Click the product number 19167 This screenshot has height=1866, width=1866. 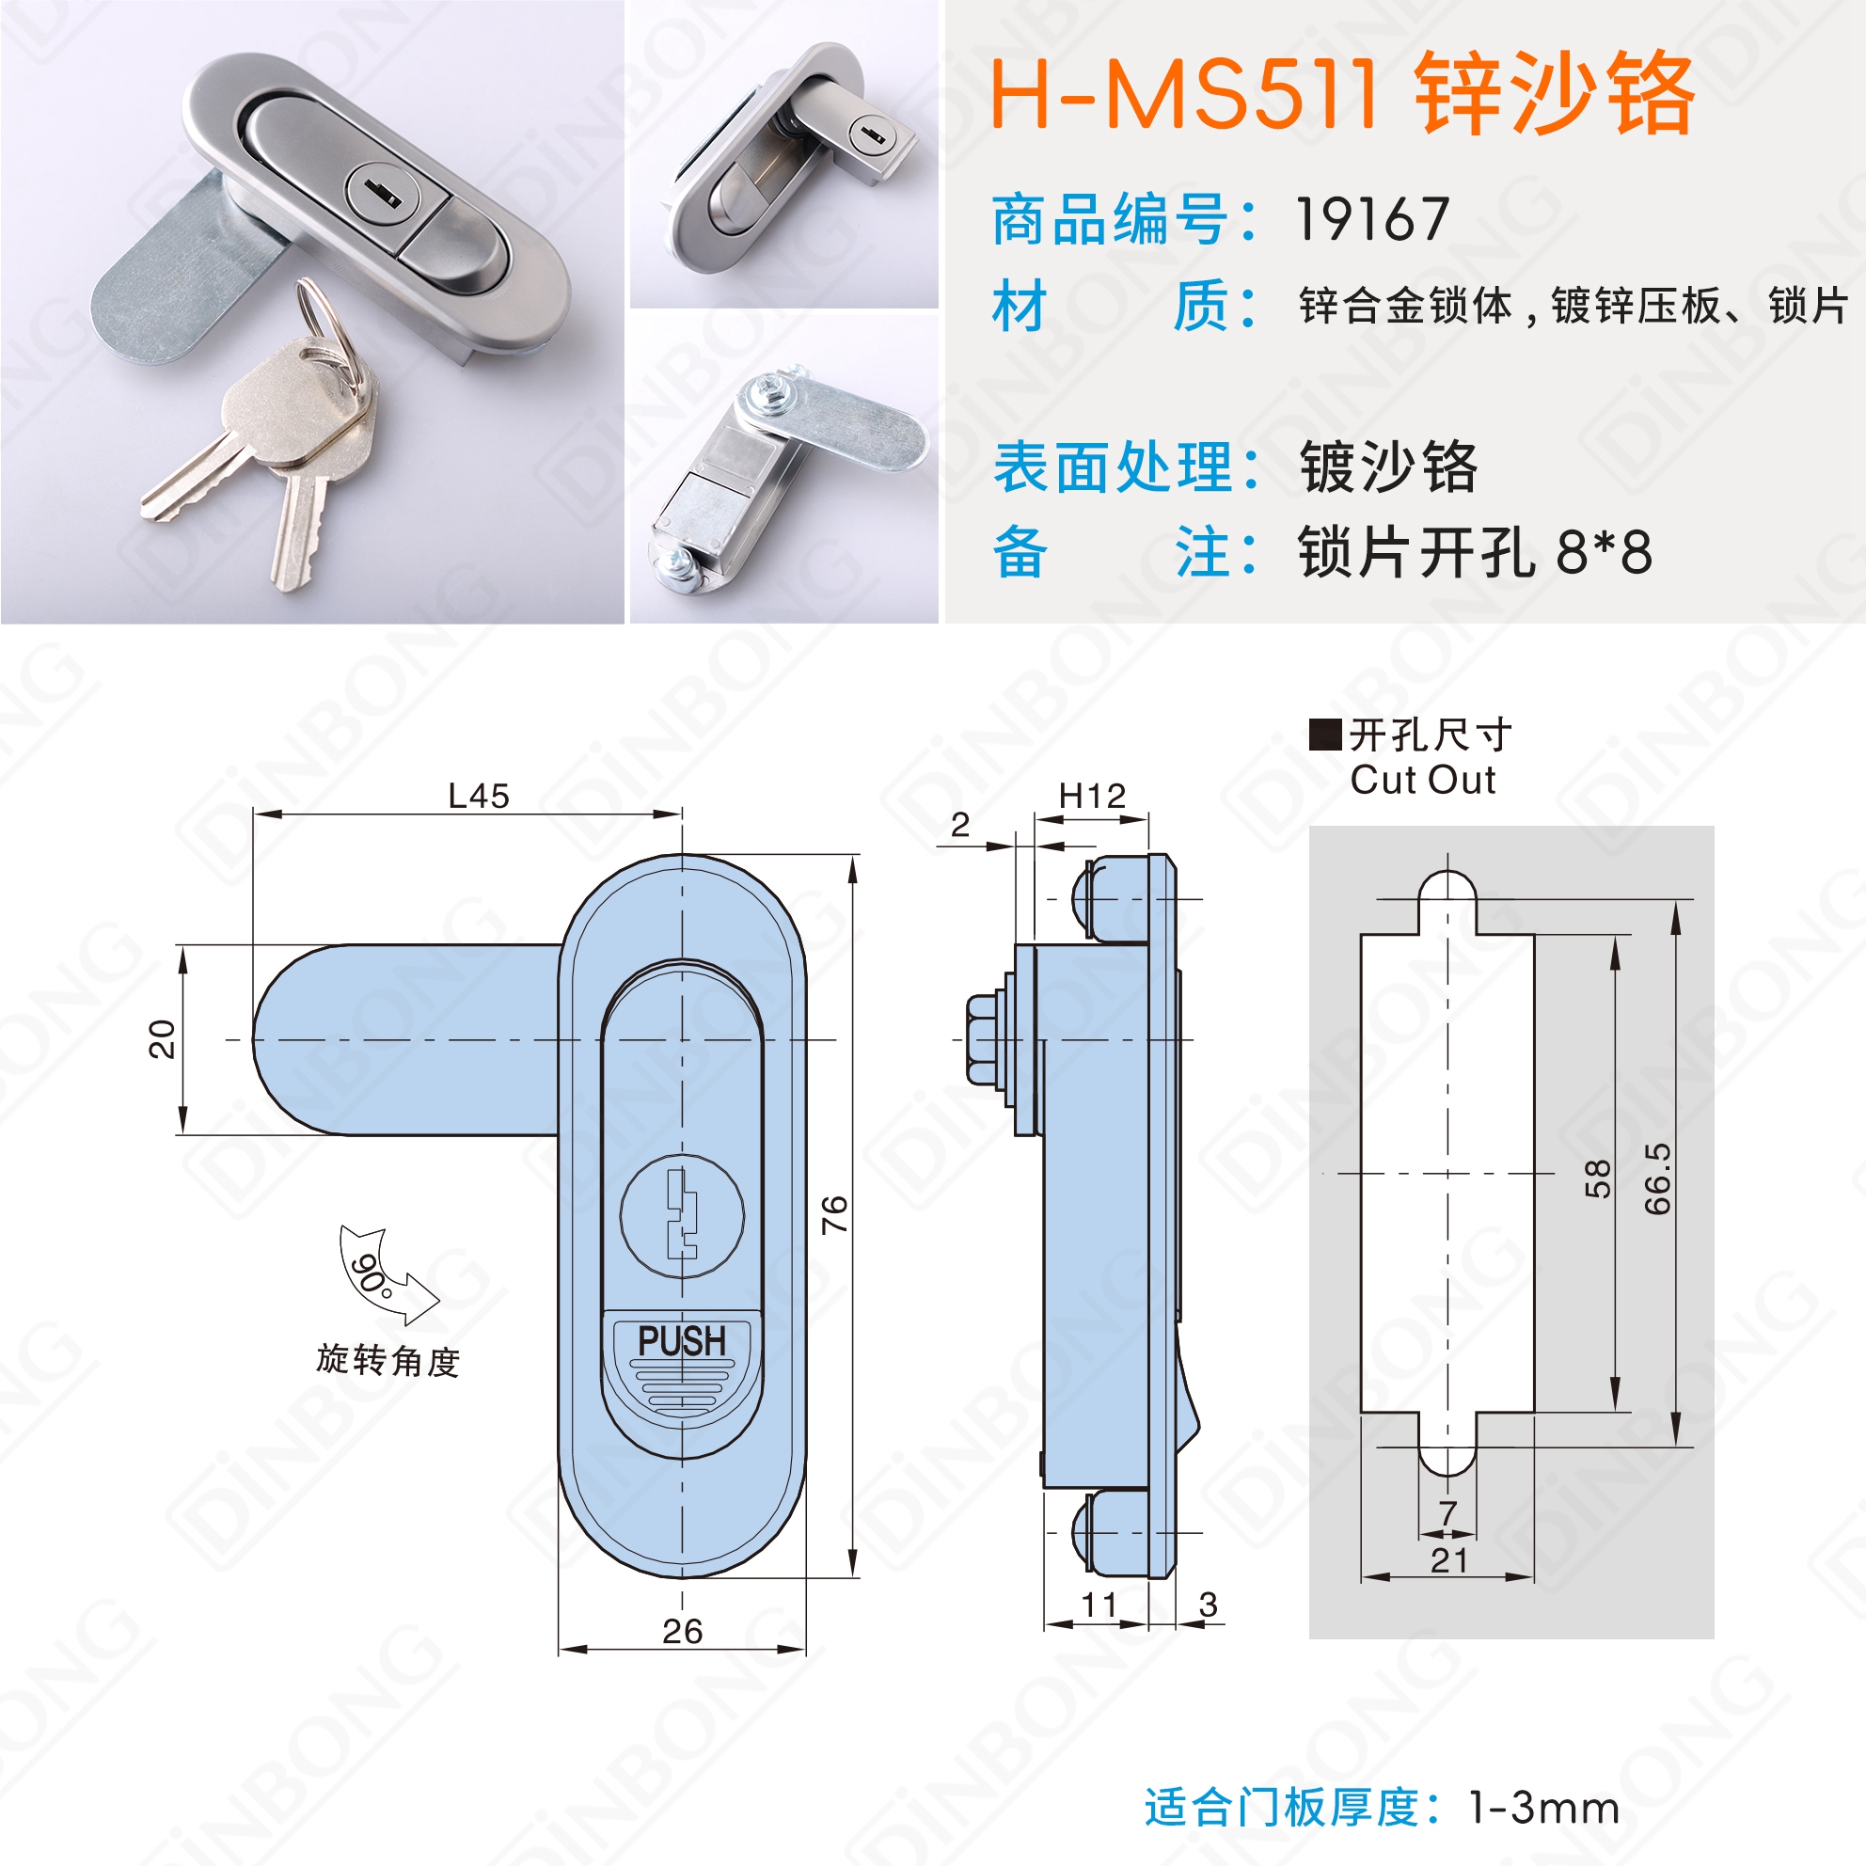1371,219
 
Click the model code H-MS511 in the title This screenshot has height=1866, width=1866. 1184,94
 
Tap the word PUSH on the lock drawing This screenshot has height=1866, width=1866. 682,1340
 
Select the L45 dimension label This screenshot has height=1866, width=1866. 479,796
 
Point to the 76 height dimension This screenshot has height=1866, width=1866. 834,1214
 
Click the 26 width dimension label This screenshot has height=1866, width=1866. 682,1631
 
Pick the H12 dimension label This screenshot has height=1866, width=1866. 1092,796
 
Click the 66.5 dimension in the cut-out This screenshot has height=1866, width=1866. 1657,1178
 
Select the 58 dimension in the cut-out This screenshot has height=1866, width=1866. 1599,1178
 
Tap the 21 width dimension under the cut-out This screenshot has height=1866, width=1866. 1448,1559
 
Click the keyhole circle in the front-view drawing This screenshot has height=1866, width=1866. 682,1215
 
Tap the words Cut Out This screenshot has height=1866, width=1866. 1423,780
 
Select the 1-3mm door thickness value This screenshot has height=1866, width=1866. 1543,1808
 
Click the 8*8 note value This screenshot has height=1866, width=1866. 1605,552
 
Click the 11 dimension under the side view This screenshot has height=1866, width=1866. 1099,1605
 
